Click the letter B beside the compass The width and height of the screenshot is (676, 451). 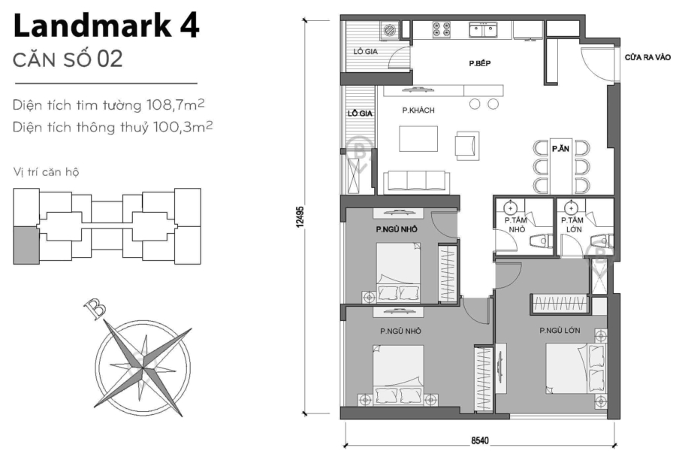(x=95, y=308)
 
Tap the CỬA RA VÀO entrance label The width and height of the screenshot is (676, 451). (x=647, y=57)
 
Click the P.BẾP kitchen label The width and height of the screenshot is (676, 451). (x=481, y=65)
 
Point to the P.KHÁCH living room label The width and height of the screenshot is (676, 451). (x=418, y=111)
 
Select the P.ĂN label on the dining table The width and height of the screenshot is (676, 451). (x=560, y=149)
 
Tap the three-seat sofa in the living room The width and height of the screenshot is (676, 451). (x=416, y=182)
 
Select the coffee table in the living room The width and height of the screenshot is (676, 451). (x=418, y=141)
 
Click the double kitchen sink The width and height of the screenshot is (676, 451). (x=485, y=30)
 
